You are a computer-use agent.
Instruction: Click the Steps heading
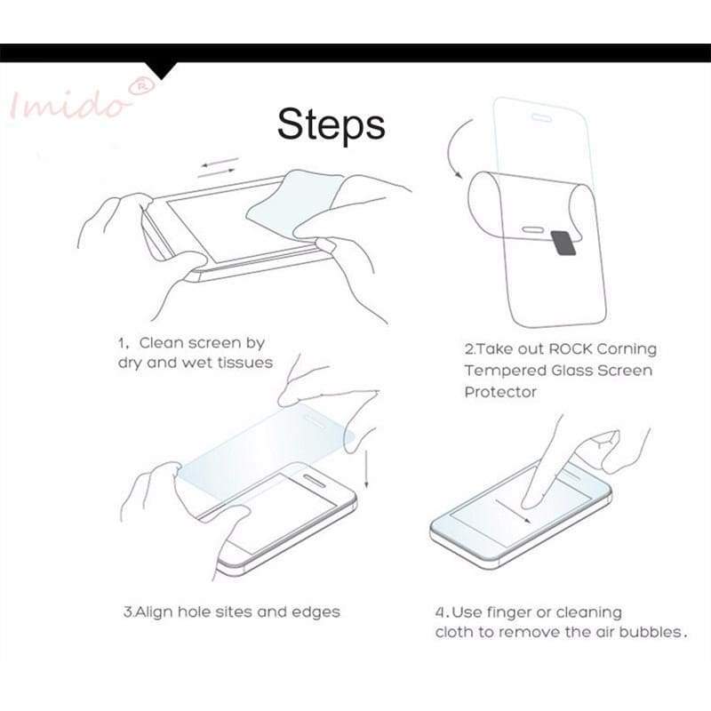(331, 124)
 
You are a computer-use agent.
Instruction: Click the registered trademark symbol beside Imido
(141, 86)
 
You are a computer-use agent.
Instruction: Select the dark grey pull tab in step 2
(563, 243)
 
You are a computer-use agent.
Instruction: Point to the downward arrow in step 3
(366, 469)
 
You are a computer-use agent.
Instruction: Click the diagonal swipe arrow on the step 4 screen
(514, 512)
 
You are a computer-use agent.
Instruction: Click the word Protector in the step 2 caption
(500, 392)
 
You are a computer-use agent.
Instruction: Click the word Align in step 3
(154, 612)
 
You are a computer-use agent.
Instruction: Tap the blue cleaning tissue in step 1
(295, 202)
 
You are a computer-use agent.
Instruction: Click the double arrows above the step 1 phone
(218, 167)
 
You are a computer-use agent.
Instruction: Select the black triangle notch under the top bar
(162, 70)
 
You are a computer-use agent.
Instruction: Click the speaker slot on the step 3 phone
(314, 481)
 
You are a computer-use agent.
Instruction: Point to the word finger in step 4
(513, 613)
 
